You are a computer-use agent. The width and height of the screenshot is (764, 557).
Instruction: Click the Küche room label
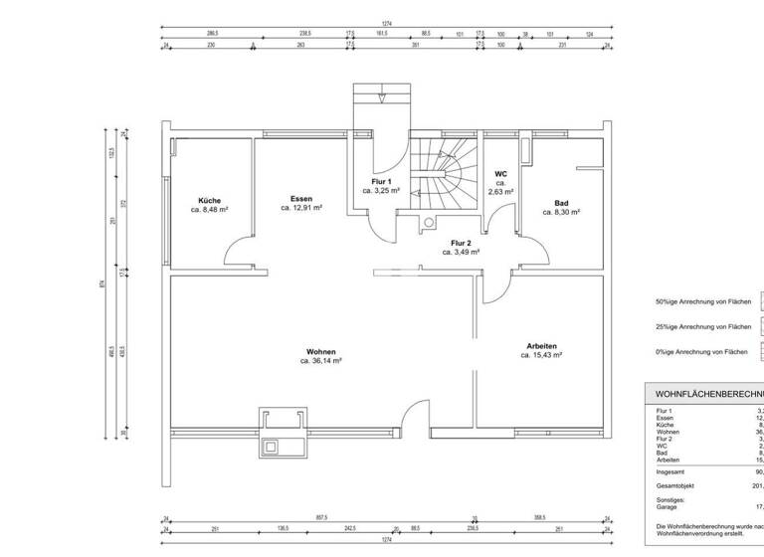point(210,200)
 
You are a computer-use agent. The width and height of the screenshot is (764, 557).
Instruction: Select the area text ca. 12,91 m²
point(301,209)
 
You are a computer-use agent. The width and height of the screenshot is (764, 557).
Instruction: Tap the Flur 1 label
point(381,180)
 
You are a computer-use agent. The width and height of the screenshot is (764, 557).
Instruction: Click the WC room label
point(500,174)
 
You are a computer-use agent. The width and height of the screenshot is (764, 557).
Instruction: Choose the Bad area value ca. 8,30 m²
point(560,212)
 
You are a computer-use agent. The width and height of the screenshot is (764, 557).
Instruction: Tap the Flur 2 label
point(461,243)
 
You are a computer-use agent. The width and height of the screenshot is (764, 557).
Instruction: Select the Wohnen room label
point(320,352)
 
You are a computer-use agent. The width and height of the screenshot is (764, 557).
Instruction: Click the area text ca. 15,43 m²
point(542,355)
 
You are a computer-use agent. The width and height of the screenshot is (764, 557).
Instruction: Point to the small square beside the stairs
point(430,224)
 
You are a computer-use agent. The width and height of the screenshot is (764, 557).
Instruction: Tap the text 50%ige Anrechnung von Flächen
point(702,301)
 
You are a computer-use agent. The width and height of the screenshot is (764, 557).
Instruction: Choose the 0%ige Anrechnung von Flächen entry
point(701,351)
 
